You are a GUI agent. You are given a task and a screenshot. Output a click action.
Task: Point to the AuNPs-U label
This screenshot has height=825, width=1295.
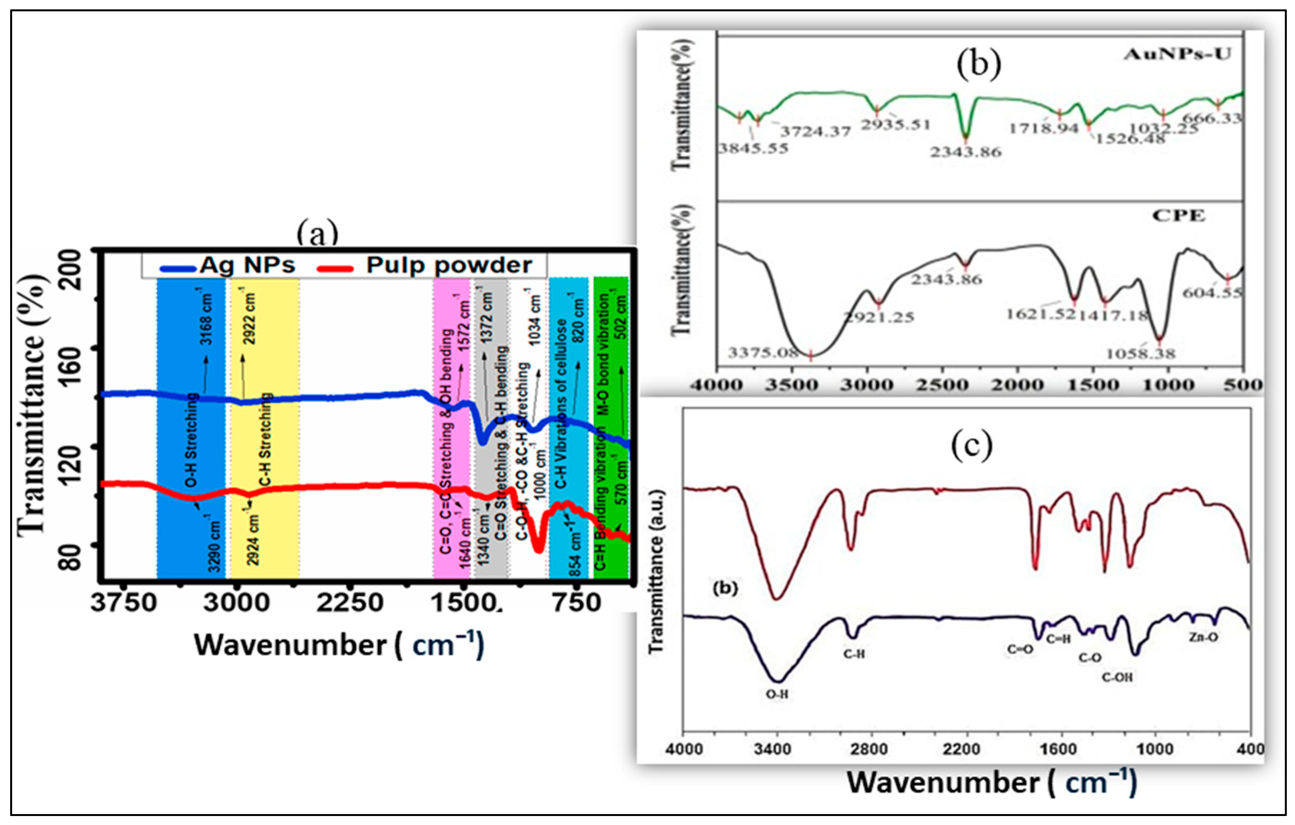(x=1177, y=54)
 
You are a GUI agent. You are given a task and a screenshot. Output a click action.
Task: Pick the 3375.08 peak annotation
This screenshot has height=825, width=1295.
(x=763, y=353)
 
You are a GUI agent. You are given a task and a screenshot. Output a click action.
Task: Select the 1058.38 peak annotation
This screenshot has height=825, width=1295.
(x=1141, y=354)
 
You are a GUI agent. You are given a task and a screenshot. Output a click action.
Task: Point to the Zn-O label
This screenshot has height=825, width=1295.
(x=1204, y=638)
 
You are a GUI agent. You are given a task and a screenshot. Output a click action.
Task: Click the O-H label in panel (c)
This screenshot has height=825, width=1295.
(x=777, y=694)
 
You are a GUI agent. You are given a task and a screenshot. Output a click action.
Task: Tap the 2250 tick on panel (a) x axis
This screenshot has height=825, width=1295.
(x=350, y=602)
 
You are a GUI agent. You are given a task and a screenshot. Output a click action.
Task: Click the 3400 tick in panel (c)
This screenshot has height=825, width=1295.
(x=775, y=749)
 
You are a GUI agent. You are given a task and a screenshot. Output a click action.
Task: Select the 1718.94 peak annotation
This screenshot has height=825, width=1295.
(x=1044, y=128)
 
